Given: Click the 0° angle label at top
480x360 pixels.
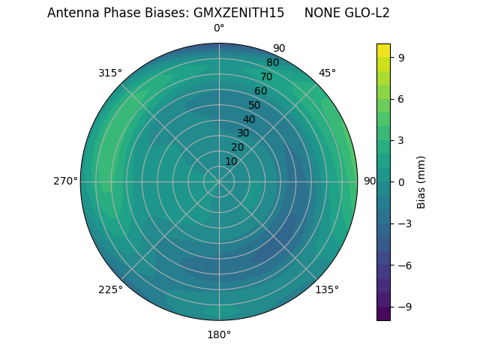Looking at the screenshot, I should [x=219, y=28].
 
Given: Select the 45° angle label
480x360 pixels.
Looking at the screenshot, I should [x=327, y=73].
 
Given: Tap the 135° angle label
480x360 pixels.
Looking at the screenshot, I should [x=327, y=289].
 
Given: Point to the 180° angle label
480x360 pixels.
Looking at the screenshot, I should [x=219, y=334].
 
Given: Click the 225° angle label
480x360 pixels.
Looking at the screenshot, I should [x=110, y=289].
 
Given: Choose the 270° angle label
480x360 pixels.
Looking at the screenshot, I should [x=65, y=181].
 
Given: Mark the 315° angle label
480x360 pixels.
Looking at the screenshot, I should [x=110, y=73].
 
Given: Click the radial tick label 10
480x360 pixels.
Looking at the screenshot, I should [x=231, y=161].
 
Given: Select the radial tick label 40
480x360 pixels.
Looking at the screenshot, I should [x=249, y=119].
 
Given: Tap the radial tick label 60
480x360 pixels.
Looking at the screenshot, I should [x=260, y=91].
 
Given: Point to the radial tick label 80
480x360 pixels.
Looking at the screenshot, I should [x=272, y=63].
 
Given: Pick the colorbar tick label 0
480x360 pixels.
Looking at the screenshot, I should [x=402, y=181].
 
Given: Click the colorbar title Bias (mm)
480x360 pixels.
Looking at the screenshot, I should [x=421, y=181].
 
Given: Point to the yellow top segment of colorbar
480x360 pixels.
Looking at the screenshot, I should [x=383, y=49].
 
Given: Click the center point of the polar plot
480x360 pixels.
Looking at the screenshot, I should [x=219, y=181].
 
